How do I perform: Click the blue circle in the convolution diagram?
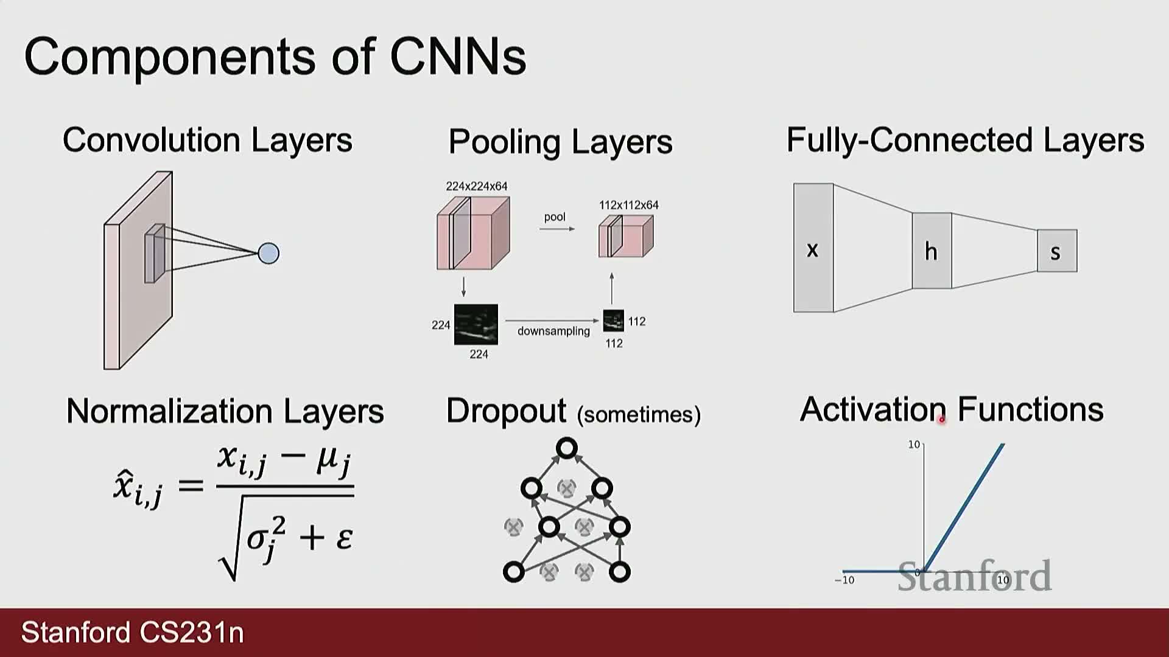(269, 253)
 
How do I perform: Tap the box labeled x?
(813, 248)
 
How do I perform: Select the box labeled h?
(932, 251)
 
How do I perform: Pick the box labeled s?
(1057, 251)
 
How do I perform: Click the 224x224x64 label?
(477, 186)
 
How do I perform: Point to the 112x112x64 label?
(629, 205)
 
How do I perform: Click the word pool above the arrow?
(555, 217)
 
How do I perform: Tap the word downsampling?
(553, 331)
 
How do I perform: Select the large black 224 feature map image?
(476, 324)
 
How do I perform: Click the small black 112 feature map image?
(614, 321)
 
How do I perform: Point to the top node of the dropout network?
(567, 448)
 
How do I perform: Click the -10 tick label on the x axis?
(844, 580)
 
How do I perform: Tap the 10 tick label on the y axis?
(914, 445)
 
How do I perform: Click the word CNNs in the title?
(458, 57)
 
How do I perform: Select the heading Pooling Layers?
(560, 142)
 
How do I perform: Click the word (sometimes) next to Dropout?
(639, 414)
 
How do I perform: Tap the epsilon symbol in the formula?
(345, 538)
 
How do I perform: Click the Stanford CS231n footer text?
(133, 633)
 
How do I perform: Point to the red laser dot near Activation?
(942, 419)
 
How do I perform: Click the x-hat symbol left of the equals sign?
(138, 488)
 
